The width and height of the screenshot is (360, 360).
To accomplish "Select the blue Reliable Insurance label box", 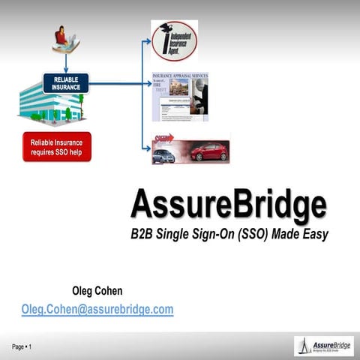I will pyautogui.click(x=67, y=82).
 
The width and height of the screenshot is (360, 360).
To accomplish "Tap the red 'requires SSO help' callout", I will pyautogui.click(x=57, y=146).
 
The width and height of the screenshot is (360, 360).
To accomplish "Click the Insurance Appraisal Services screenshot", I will pyautogui.click(x=179, y=97).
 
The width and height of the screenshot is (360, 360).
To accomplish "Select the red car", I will pyautogui.click(x=209, y=151).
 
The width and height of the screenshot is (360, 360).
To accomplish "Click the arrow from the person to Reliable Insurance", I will pyautogui.click(x=66, y=62).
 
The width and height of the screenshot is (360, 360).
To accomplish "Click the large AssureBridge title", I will pyautogui.click(x=228, y=203).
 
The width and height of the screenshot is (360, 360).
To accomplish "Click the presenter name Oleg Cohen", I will pyautogui.click(x=97, y=290).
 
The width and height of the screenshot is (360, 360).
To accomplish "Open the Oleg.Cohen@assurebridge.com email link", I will pyautogui.click(x=97, y=308).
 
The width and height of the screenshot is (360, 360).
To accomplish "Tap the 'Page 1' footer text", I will pyautogui.click(x=21, y=346).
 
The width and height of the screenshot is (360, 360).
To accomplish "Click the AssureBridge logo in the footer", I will pyautogui.click(x=323, y=346).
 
